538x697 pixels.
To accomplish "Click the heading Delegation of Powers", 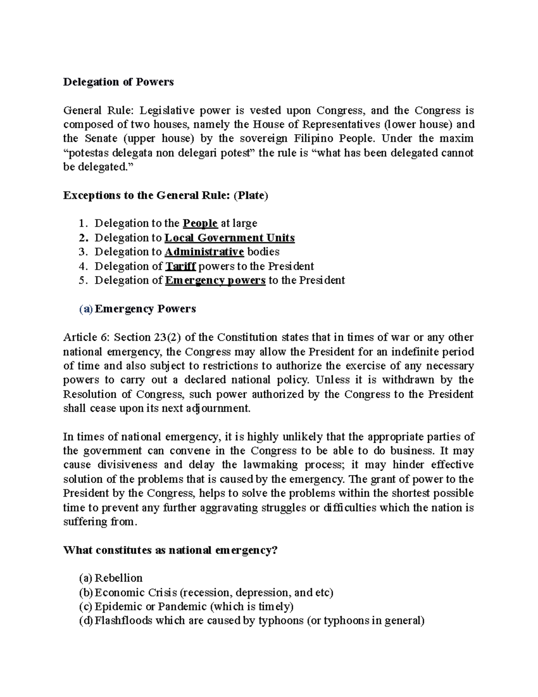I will [x=118, y=82].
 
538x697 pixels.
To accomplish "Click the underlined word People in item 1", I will [x=200, y=224].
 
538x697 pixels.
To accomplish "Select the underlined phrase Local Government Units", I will [x=230, y=238].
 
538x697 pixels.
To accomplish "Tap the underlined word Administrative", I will [x=204, y=252].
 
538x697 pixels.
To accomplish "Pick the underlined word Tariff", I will [x=180, y=266].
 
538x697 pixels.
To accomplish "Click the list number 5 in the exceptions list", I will [x=81, y=281].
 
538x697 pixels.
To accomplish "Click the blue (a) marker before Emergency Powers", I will [x=86, y=309].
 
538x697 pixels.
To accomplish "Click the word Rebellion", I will [x=118, y=578].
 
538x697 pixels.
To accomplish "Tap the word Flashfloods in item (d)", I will [x=123, y=621].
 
